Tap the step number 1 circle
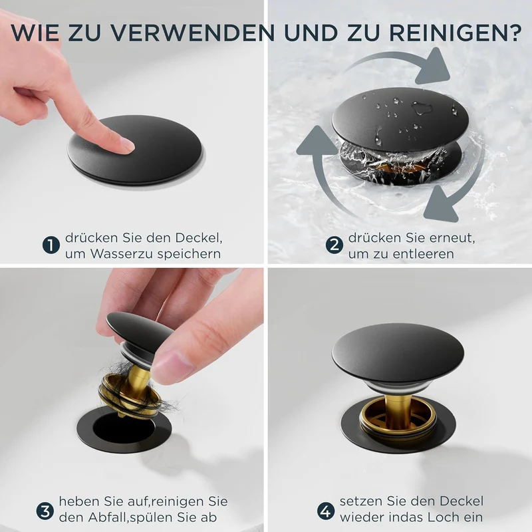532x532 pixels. [x=51, y=245]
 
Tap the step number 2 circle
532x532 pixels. [x=334, y=245]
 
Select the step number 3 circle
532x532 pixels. [x=45, y=511]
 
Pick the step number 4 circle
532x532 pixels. [x=326, y=511]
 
